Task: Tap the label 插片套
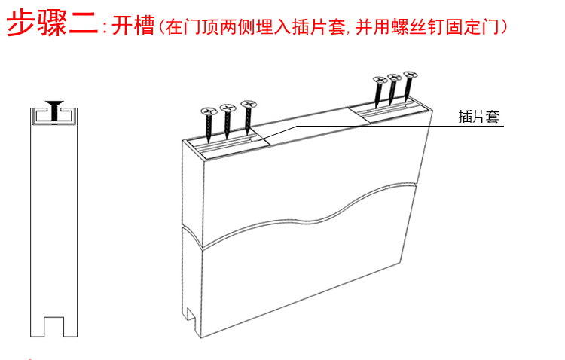coord(479,117)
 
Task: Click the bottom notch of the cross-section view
coord(53,325)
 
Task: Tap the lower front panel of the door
coord(301,279)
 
